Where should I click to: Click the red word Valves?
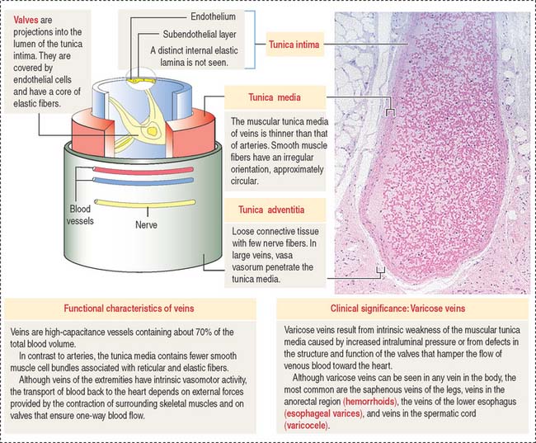tap(26, 20)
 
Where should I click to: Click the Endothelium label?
tap(213, 16)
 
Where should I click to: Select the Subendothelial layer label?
tap(200, 34)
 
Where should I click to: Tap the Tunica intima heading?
tap(294, 45)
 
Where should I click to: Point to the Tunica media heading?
tap(275, 97)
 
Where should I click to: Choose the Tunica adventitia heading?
tap(271, 210)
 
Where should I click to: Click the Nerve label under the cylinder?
tap(146, 224)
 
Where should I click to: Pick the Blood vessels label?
tap(80, 214)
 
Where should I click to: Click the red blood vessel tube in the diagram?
tap(143, 170)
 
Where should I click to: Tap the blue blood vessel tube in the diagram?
tap(143, 181)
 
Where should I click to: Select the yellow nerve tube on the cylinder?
tap(145, 204)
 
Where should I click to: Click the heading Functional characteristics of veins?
tap(129, 309)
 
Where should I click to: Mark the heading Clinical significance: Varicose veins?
tap(397, 309)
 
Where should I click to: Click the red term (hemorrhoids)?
tap(370, 401)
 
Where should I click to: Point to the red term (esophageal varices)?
tap(323, 413)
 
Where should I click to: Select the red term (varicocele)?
tap(306, 425)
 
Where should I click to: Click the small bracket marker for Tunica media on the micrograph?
tap(390, 112)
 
